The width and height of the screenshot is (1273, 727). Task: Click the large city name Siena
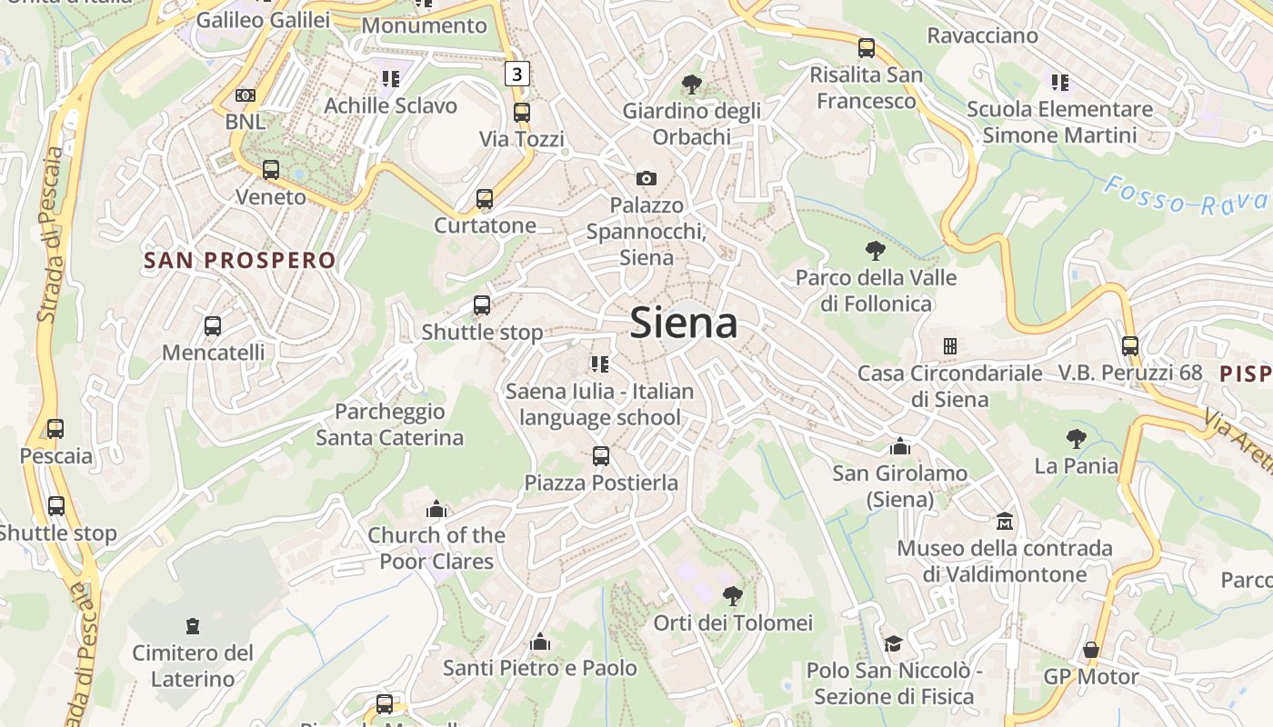click(683, 323)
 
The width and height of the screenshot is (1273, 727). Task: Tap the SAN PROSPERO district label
click(240, 261)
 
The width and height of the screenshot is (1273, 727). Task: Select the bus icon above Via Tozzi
click(522, 113)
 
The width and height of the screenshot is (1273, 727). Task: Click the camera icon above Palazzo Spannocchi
click(647, 178)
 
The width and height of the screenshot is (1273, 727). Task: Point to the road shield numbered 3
click(517, 74)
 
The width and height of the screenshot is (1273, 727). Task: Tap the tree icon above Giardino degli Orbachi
click(692, 85)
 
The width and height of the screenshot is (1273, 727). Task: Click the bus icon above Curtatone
click(485, 199)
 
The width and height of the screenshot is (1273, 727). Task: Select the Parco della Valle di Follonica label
click(876, 290)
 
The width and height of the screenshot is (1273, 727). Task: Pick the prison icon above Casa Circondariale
click(950, 346)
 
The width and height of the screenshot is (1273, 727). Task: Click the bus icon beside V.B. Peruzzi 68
click(1130, 346)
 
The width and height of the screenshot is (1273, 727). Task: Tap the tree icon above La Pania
click(1077, 439)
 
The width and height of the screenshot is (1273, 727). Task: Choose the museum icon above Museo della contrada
click(1005, 522)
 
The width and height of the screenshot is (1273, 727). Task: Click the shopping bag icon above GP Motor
click(1091, 651)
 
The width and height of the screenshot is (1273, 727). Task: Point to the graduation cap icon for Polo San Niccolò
click(894, 644)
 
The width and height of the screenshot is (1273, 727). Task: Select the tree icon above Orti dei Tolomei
click(732, 596)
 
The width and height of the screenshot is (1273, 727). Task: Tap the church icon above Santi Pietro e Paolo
click(540, 642)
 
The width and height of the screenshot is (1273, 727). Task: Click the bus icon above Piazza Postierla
click(601, 456)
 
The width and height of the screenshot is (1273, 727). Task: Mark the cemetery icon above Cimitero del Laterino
click(192, 626)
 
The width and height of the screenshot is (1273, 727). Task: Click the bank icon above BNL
click(245, 95)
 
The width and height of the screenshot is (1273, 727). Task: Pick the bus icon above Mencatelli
click(213, 326)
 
